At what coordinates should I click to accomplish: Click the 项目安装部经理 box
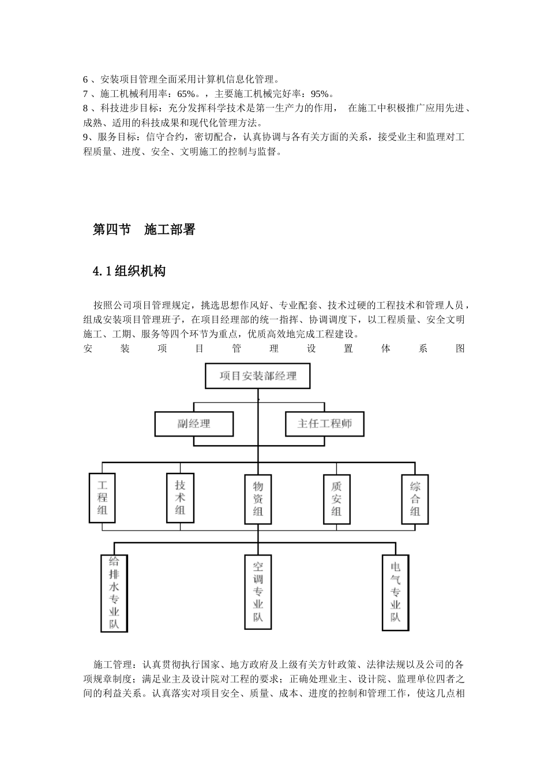(x=258, y=376)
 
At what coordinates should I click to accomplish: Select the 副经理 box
(x=194, y=424)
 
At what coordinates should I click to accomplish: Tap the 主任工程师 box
(x=324, y=424)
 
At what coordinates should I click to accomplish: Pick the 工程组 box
(x=102, y=498)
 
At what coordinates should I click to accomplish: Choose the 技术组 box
(x=180, y=498)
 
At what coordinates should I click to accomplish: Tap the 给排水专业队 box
(x=114, y=592)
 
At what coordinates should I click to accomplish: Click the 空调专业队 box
(x=258, y=592)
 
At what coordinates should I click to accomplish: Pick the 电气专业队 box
(x=395, y=592)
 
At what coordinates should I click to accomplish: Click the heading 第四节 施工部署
(x=144, y=230)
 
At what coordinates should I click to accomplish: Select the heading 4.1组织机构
(x=129, y=271)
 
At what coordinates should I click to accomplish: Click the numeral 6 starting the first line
(x=86, y=80)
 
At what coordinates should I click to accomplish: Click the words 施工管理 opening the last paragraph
(x=112, y=665)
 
